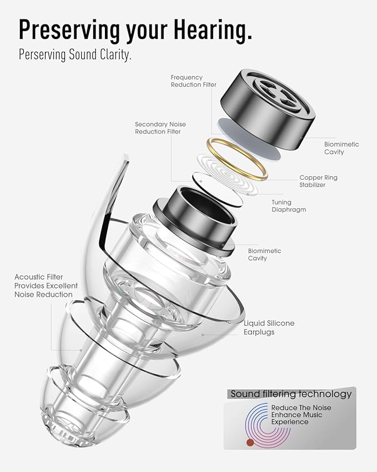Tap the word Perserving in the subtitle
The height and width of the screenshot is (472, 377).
click(42, 55)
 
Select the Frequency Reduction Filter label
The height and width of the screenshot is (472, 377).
click(194, 81)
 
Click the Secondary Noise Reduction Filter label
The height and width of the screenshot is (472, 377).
click(160, 128)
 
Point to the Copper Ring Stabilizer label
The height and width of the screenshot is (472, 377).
click(318, 181)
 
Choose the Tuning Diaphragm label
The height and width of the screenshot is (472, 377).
click(289, 206)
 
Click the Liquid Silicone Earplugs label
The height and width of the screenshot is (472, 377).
click(269, 327)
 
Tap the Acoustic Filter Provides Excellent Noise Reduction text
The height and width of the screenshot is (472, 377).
click(46, 286)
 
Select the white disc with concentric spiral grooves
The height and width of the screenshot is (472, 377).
click(228, 174)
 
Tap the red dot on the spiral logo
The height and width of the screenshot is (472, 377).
click(250, 442)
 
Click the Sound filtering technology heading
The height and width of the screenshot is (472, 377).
click(291, 394)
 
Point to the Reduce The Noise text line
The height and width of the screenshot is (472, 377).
click(301, 408)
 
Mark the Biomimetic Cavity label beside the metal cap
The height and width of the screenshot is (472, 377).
click(341, 148)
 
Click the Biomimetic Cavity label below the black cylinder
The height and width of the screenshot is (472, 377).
click(264, 255)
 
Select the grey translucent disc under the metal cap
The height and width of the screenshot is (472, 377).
click(249, 138)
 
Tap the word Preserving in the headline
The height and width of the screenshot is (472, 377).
click(69, 31)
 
